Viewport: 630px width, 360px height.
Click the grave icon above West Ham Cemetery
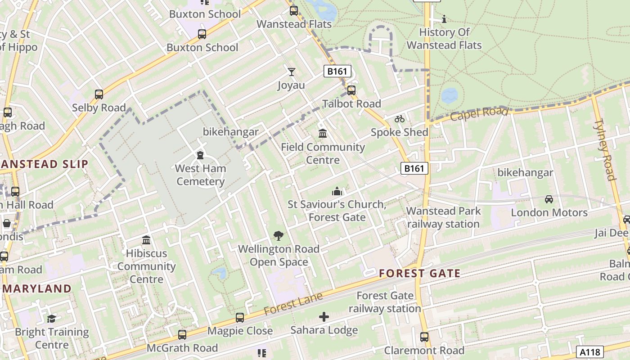[x=200, y=156]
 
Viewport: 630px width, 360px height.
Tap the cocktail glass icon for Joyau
[x=292, y=72]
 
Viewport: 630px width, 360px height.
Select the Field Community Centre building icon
[x=323, y=134]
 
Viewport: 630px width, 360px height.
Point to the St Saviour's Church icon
[x=337, y=192]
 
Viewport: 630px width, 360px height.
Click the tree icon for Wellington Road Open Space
[x=279, y=235]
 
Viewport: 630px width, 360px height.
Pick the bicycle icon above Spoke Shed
[x=400, y=119]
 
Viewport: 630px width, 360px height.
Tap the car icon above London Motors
[x=549, y=199]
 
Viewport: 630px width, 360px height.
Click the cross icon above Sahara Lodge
[x=324, y=317]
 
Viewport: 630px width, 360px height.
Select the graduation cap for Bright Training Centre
[x=52, y=319]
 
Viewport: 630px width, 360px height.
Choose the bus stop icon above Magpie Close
[x=240, y=318]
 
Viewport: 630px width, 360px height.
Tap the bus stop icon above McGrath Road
[x=182, y=335]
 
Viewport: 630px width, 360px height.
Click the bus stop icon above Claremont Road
[x=424, y=337]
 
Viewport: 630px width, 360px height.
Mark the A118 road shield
[x=589, y=351]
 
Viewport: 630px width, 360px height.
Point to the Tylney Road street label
[x=605, y=149]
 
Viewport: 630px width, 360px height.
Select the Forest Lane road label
[x=293, y=304]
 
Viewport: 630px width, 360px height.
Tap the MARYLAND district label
[x=39, y=288]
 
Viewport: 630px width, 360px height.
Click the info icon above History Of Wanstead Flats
[x=444, y=19]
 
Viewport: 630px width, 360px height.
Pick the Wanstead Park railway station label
[x=443, y=217]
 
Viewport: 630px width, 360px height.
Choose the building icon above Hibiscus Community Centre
[x=146, y=240]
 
